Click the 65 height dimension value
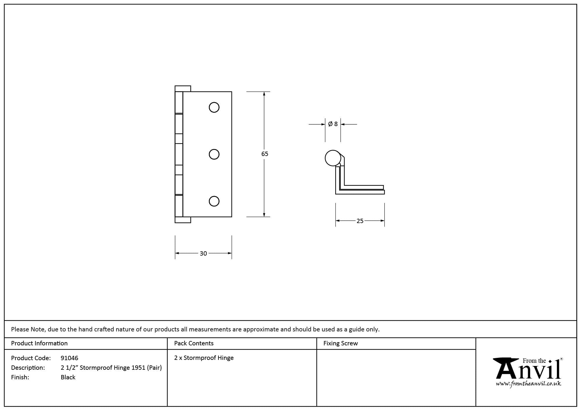[265, 154]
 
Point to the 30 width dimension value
[203, 254]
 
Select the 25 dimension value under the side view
[360, 221]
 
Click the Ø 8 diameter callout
[333, 124]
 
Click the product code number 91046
[69, 358]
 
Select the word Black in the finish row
[68, 377]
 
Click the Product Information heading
[39, 343]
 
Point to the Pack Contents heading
[194, 343]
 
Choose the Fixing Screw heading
[340, 343]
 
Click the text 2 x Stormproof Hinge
[204, 358]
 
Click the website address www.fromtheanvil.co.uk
[528, 384]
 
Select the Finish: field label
[20, 377]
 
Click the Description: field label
[28, 368]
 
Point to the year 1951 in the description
[138, 368]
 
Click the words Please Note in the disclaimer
[28, 329]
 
